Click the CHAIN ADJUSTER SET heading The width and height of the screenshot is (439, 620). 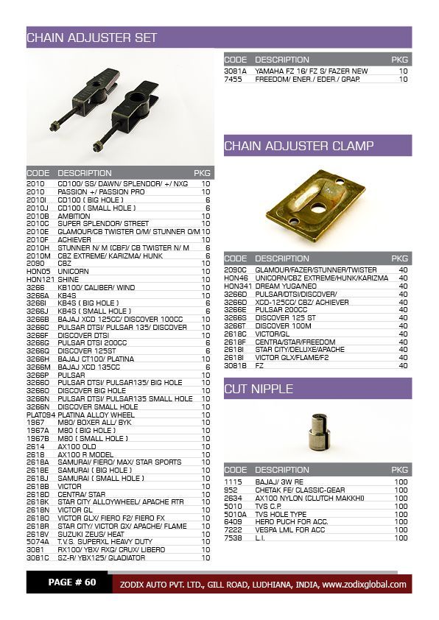[91, 38]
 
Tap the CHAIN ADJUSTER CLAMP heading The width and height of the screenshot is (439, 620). [298, 145]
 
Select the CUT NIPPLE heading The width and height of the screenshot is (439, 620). [259, 389]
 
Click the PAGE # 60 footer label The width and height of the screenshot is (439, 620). [72, 582]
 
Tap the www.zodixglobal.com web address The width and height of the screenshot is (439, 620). [364, 585]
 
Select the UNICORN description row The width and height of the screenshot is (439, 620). [74, 271]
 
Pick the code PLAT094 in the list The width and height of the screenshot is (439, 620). [41, 415]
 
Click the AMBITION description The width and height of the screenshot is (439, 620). [74, 216]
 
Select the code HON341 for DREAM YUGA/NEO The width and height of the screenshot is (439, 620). [237, 286]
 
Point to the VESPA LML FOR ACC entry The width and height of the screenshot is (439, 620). [291, 530]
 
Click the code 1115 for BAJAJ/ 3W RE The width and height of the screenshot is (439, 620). [232, 482]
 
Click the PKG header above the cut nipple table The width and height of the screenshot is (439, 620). [400, 470]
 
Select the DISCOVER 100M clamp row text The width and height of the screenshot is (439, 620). [285, 325]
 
